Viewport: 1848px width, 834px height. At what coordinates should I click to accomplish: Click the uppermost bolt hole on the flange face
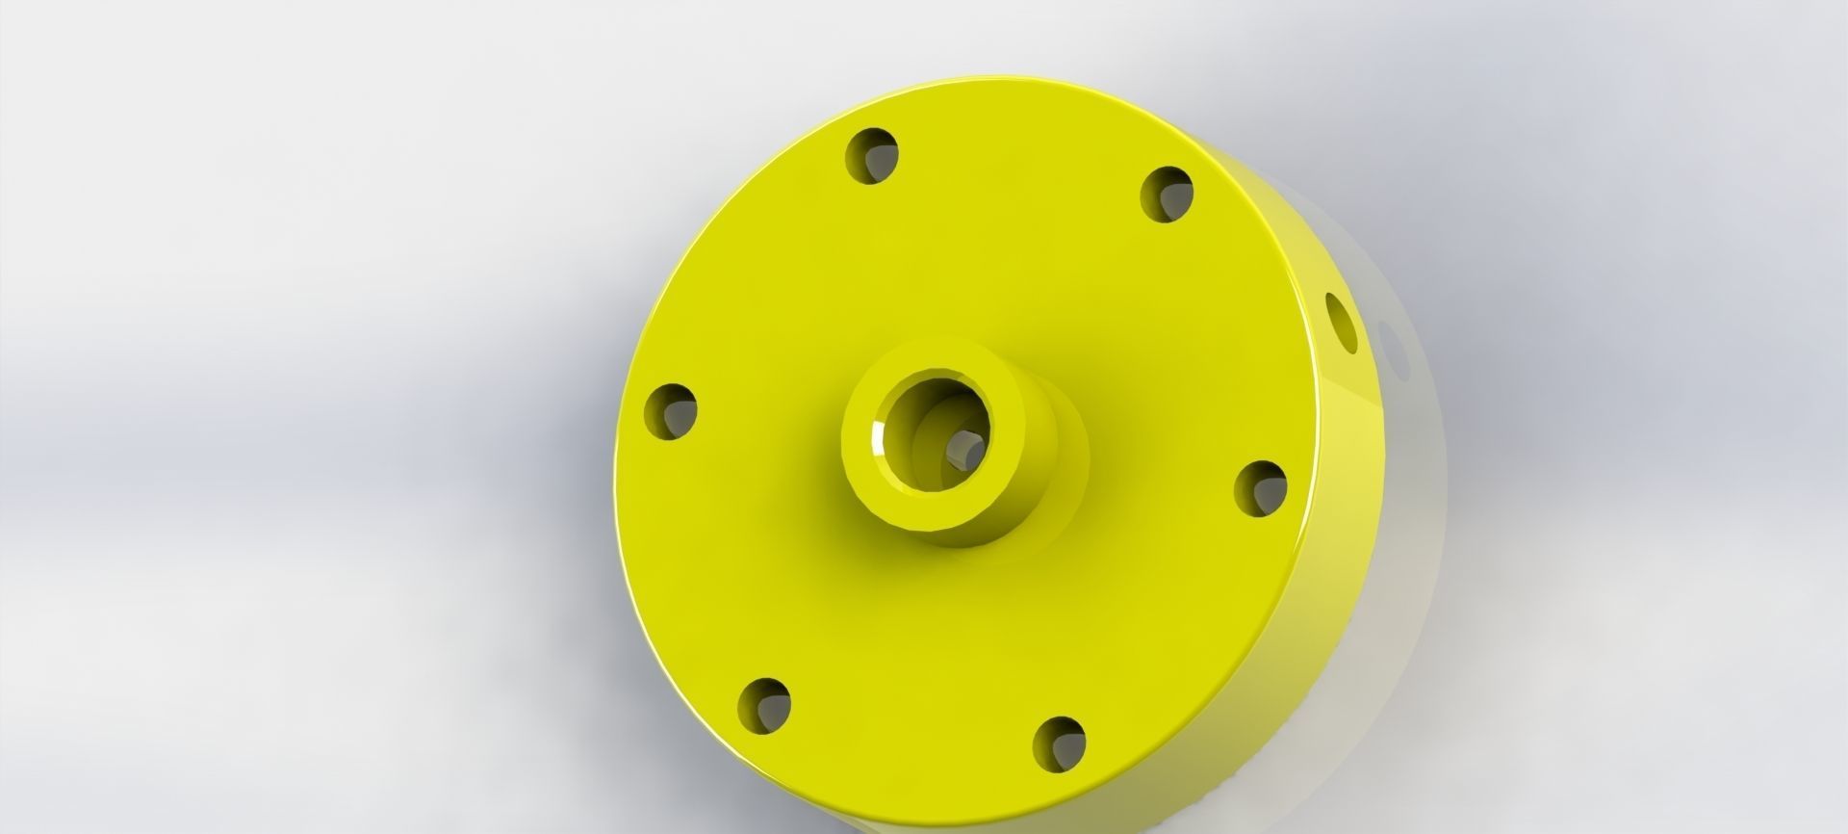tap(871, 155)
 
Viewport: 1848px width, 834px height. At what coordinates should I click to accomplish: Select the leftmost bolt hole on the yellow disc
tap(670, 411)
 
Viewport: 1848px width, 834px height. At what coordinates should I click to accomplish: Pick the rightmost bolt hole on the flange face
tap(1260, 487)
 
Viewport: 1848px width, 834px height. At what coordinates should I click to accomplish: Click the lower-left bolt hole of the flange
tap(764, 705)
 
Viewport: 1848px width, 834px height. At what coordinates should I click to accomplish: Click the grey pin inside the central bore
tap(962, 449)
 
